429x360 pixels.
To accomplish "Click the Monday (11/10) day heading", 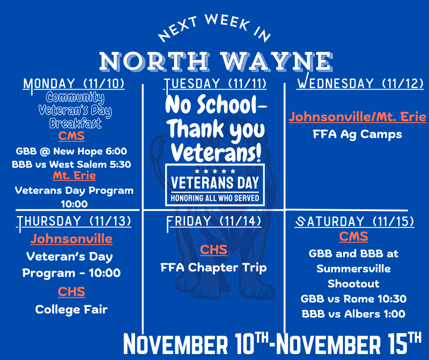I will [74, 84].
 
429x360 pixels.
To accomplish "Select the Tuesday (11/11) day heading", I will [215, 84].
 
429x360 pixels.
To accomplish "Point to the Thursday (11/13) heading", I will [74, 221].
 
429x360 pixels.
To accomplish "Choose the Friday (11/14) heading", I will [214, 221].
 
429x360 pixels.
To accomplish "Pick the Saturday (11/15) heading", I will [355, 222].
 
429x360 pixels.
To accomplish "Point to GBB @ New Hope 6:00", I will [72, 151].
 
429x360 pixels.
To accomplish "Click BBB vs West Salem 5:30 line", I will [72, 164].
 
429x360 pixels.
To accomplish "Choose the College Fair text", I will [72, 309].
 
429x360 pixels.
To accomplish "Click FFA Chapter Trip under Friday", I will [214, 267].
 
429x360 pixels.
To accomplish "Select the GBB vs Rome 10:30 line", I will [354, 299].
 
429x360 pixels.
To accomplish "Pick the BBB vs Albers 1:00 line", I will [354, 314].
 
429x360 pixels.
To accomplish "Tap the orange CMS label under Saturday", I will [354, 237].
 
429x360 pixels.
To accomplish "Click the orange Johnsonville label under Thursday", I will [72, 238].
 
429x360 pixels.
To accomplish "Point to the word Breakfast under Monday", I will [75, 123].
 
